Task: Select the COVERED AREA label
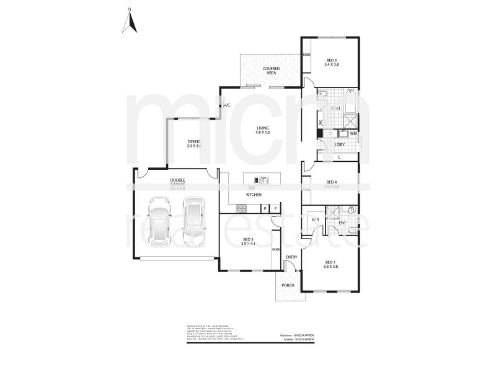coord(270,71)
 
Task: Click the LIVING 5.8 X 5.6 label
coord(264,130)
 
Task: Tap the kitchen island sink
coord(261,180)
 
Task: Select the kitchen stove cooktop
coord(242,209)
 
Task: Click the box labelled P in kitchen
coord(265,209)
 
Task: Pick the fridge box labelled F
coord(274,209)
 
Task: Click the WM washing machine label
coord(353,133)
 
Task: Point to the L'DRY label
coord(339,144)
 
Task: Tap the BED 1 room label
coord(330,264)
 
